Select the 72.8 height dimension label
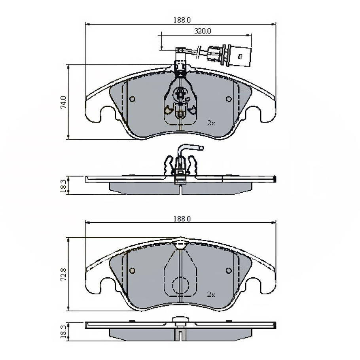pyautogui.click(x=63, y=274)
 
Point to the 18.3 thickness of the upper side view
pyautogui.click(x=63, y=185)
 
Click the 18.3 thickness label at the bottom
pyautogui.click(x=63, y=332)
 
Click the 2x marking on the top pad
pyautogui.click(x=211, y=123)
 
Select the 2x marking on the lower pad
pyautogui.click(x=211, y=294)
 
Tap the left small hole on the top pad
pyautogui.click(x=132, y=99)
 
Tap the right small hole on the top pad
pyautogui.click(x=228, y=99)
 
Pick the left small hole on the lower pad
pyautogui.click(x=132, y=271)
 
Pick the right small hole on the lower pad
pyautogui.click(x=228, y=271)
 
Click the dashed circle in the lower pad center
pyautogui.click(x=180, y=285)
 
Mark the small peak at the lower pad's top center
pyautogui.click(x=180, y=239)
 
